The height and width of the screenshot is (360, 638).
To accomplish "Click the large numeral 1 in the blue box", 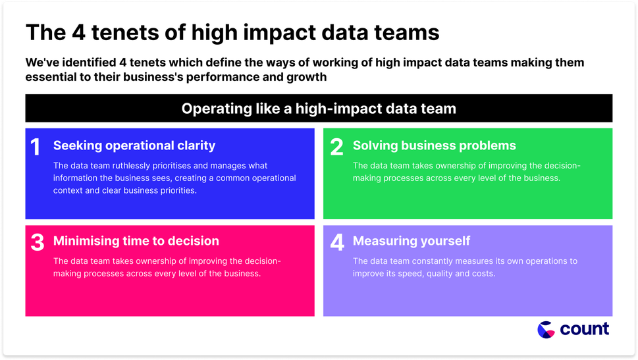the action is pyautogui.click(x=36, y=147).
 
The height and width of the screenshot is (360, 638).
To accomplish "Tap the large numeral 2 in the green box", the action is pyautogui.click(x=336, y=147).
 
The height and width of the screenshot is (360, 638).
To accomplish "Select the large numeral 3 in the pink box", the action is pyautogui.click(x=38, y=242).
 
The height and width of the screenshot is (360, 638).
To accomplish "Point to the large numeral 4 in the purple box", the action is pyautogui.click(x=337, y=242).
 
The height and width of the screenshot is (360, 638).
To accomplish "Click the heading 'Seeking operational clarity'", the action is pyautogui.click(x=134, y=145).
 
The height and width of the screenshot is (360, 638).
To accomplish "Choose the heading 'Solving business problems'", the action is pyautogui.click(x=434, y=145).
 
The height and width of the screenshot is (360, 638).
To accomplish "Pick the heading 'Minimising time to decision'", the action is pyautogui.click(x=136, y=241).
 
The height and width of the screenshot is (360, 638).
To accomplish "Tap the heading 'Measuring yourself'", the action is pyautogui.click(x=412, y=241).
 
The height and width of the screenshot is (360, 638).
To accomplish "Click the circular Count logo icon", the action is pyautogui.click(x=546, y=330).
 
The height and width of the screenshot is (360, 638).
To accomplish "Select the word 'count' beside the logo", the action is pyautogui.click(x=584, y=329).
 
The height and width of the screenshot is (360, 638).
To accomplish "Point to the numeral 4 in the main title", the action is pyautogui.click(x=79, y=32).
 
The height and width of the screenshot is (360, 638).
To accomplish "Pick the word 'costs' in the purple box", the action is pyautogui.click(x=483, y=273).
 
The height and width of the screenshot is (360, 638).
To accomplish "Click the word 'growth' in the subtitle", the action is pyautogui.click(x=306, y=77).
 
